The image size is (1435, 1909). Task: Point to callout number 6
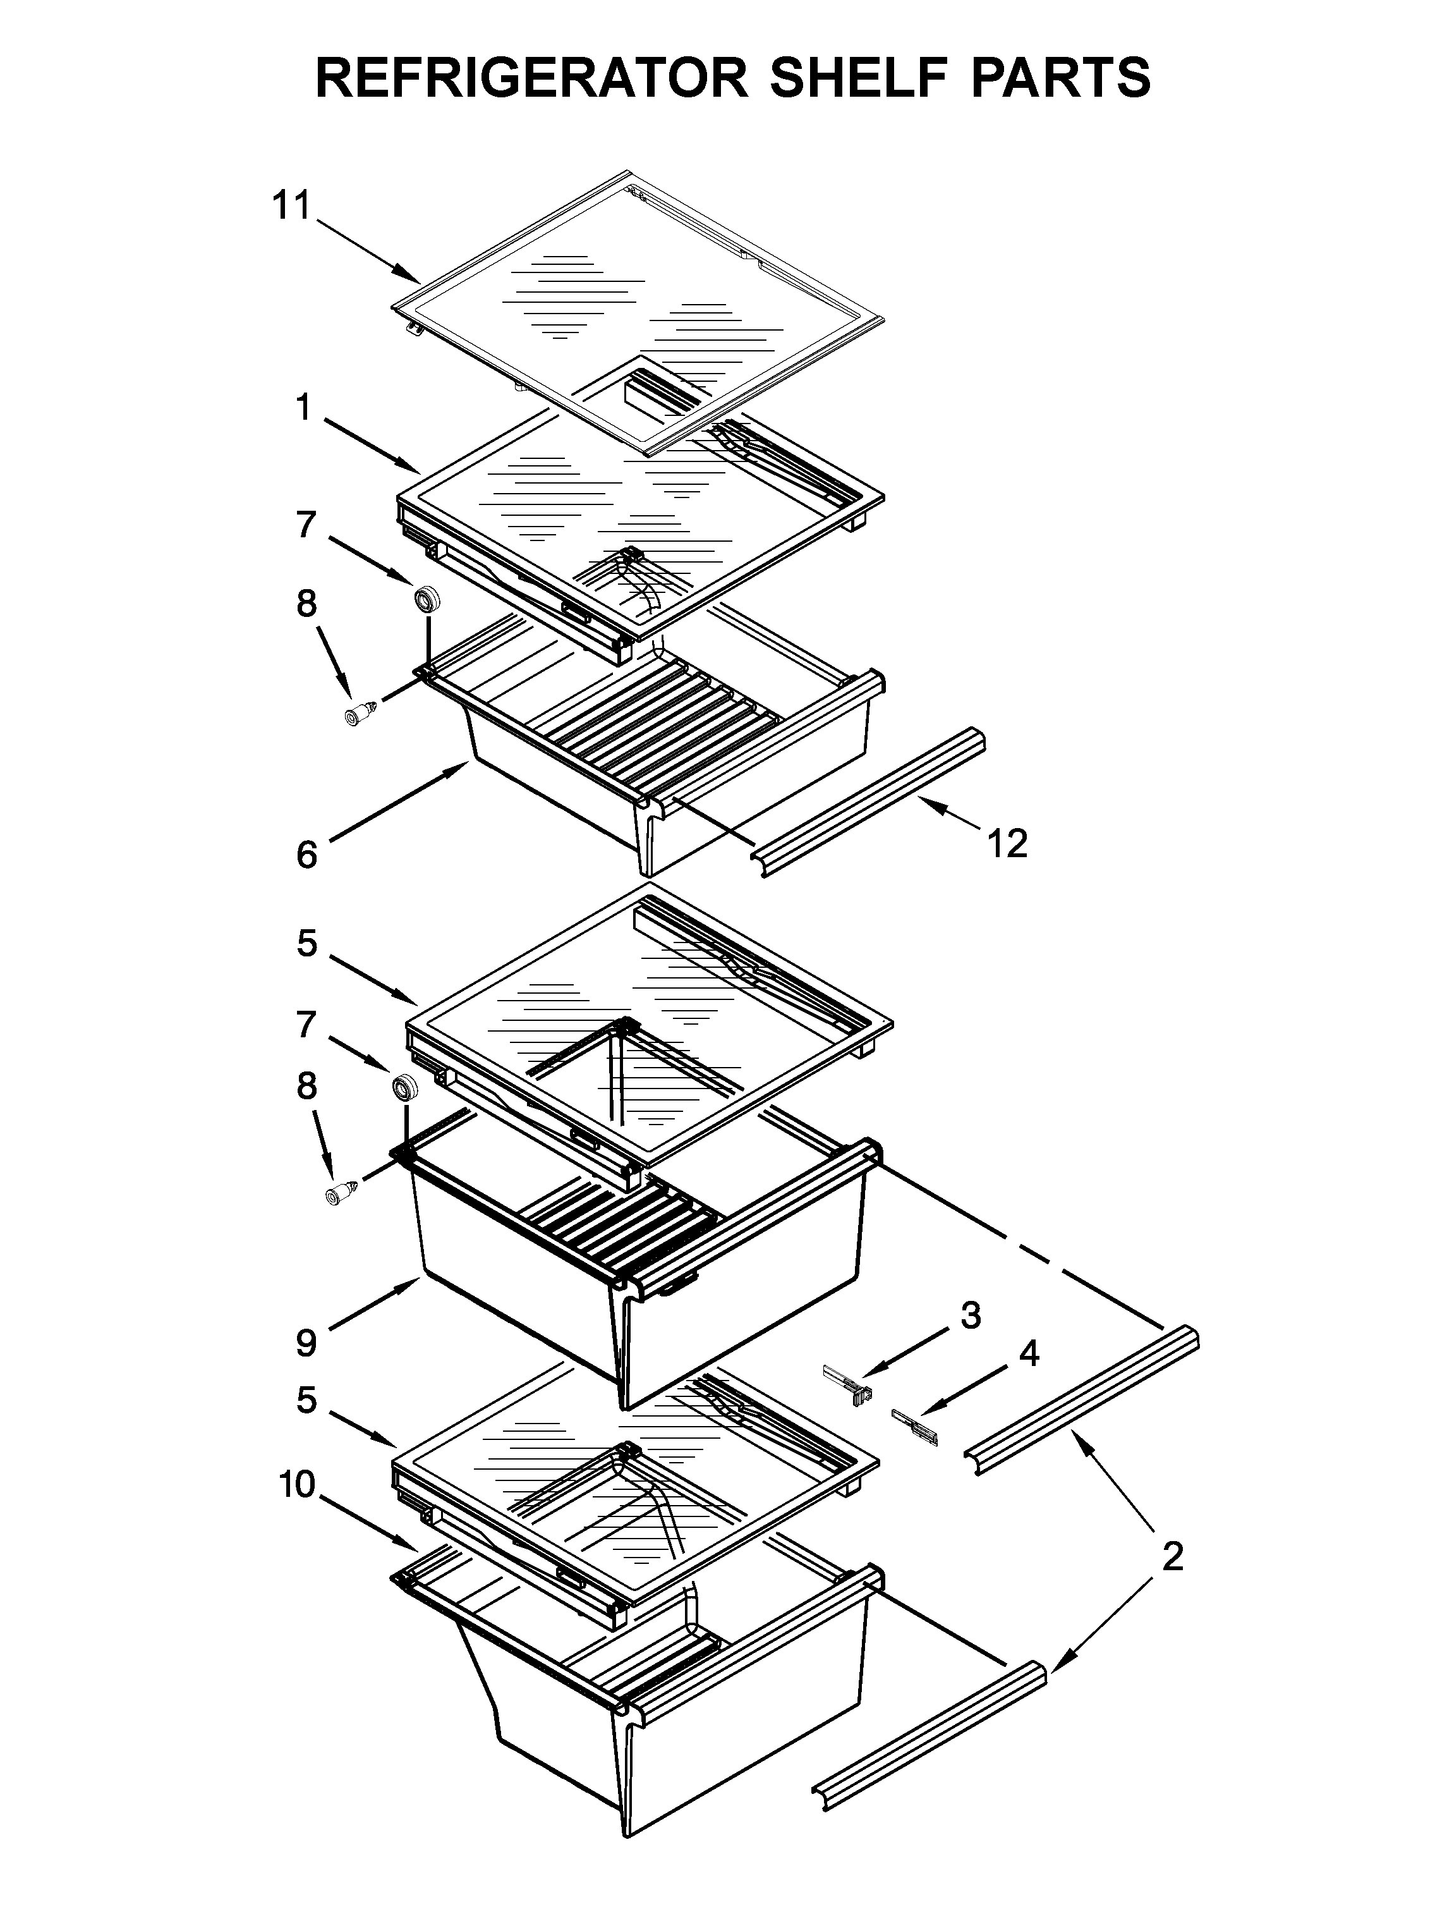[306, 855]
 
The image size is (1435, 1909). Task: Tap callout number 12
[1007, 843]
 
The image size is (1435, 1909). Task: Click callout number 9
[306, 1343]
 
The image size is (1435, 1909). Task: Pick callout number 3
[971, 1316]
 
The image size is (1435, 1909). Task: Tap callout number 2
[1172, 1558]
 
